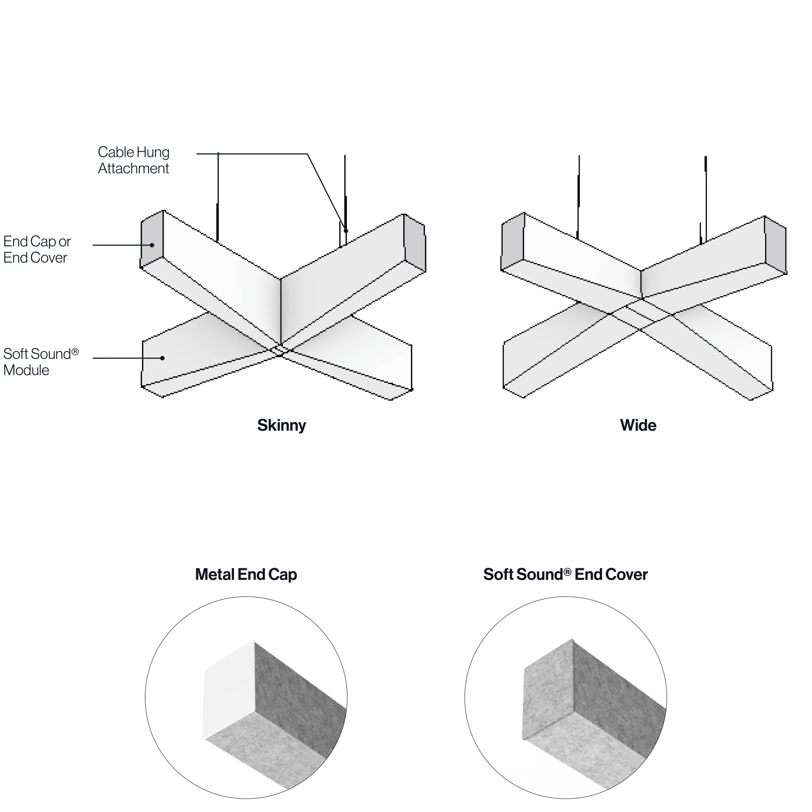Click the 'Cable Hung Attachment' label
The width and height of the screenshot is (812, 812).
133,160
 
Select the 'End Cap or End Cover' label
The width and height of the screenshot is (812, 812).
37,250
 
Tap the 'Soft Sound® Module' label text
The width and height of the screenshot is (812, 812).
41,362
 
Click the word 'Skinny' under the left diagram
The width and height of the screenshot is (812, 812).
282,425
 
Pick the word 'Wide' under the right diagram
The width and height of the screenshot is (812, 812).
638,425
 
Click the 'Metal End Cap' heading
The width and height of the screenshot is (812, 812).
246,574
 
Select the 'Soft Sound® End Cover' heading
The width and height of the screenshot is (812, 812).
565,574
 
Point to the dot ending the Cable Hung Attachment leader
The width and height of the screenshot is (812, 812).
346,231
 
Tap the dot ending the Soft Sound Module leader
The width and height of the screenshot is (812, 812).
162,358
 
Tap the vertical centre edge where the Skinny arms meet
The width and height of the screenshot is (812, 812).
281,311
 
